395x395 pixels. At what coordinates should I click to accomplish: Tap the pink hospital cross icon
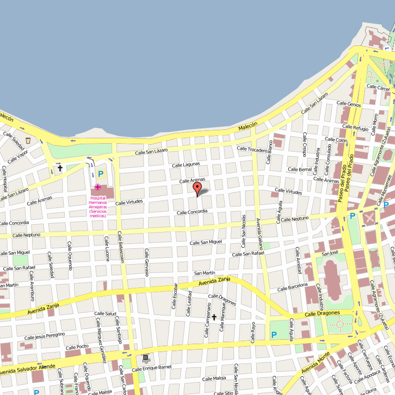tap(98, 187)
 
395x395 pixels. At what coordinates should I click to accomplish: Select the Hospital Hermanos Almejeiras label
tap(98, 206)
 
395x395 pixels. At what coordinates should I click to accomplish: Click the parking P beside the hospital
tap(101, 173)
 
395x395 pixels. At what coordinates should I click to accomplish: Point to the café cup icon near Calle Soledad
tap(28, 141)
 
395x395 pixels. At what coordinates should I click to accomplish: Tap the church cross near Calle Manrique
tap(214, 316)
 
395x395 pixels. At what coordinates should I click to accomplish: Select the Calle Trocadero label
tap(252, 149)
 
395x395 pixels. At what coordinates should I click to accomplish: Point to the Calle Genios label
tap(349, 104)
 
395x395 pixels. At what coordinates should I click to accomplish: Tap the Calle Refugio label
tap(354, 128)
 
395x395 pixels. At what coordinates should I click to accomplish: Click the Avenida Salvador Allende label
tap(28, 368)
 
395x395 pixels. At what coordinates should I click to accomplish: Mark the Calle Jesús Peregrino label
tap(44, 336)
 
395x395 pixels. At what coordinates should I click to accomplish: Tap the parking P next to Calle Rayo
tap(274, 335)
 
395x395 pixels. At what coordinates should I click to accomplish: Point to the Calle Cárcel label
tap(378, 87)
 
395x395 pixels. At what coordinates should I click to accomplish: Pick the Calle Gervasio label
tap(147, 262)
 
